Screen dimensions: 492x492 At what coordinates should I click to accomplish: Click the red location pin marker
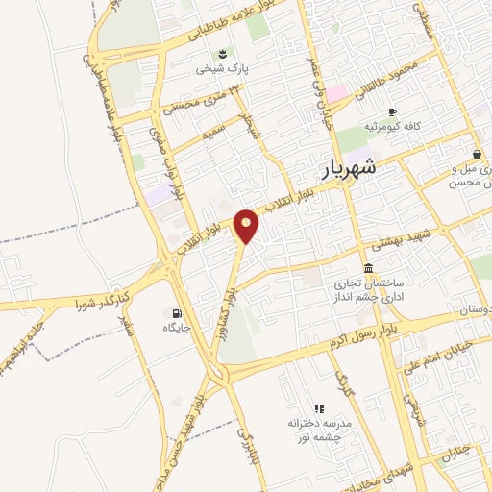[248, 226]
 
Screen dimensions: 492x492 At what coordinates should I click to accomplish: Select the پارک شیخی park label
[223, 69]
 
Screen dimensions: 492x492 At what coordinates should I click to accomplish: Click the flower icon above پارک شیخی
[223, 52]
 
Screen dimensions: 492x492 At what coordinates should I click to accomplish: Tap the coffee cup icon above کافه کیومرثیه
[392, 111]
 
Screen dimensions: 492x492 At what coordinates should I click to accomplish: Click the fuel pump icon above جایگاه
[175, 313]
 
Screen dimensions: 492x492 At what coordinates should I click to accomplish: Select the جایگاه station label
[177, 329]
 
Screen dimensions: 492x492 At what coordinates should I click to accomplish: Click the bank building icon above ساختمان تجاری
[368, 269]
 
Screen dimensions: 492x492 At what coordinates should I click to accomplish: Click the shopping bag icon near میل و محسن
[477, 154]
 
